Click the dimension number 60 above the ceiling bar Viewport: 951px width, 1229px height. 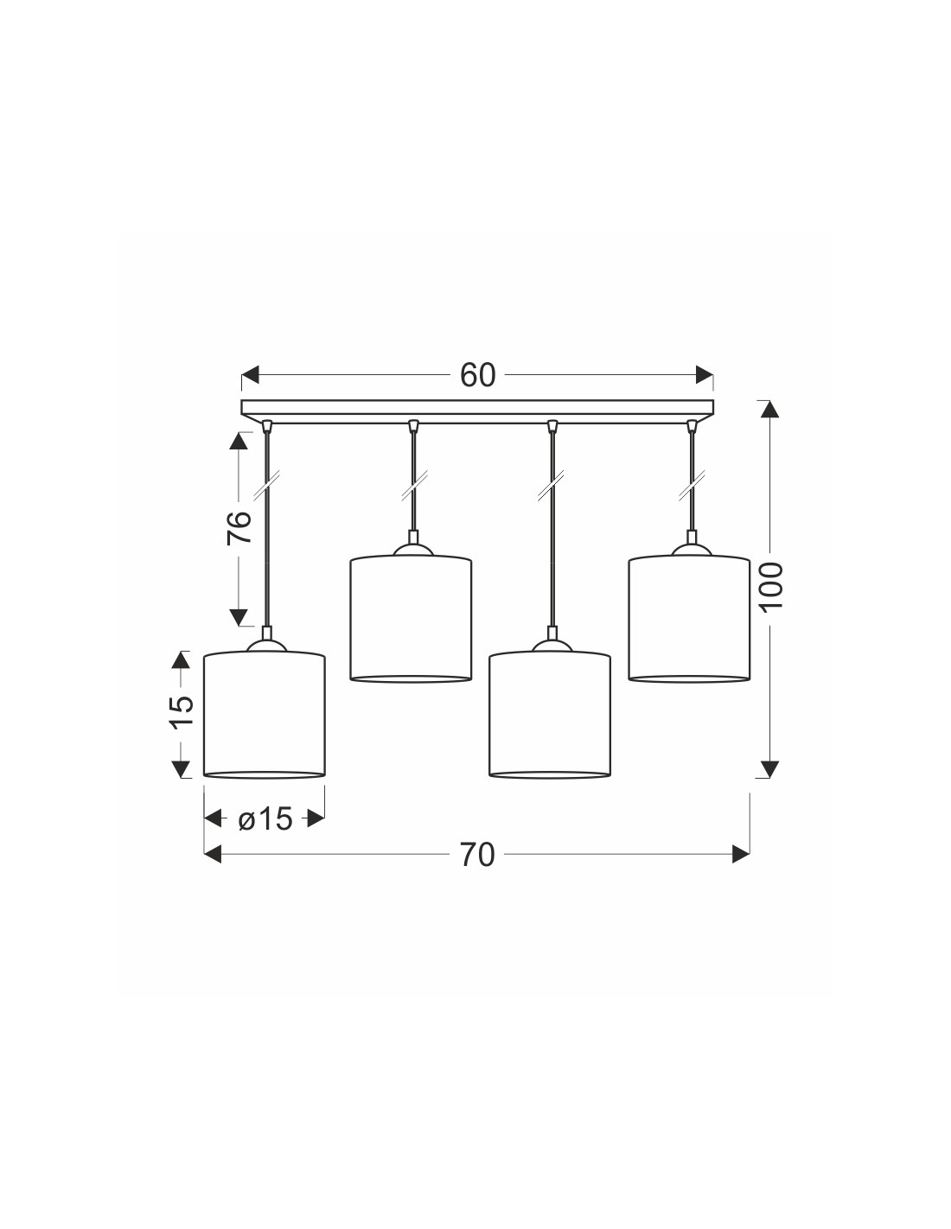(x=477, y=375)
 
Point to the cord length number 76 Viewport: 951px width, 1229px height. (x=239, y=528)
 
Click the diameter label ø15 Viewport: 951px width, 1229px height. (x=265, y=818)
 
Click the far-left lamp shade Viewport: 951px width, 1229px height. (x=265, y=715)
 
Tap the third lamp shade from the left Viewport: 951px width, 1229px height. (x=549, y=715)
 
